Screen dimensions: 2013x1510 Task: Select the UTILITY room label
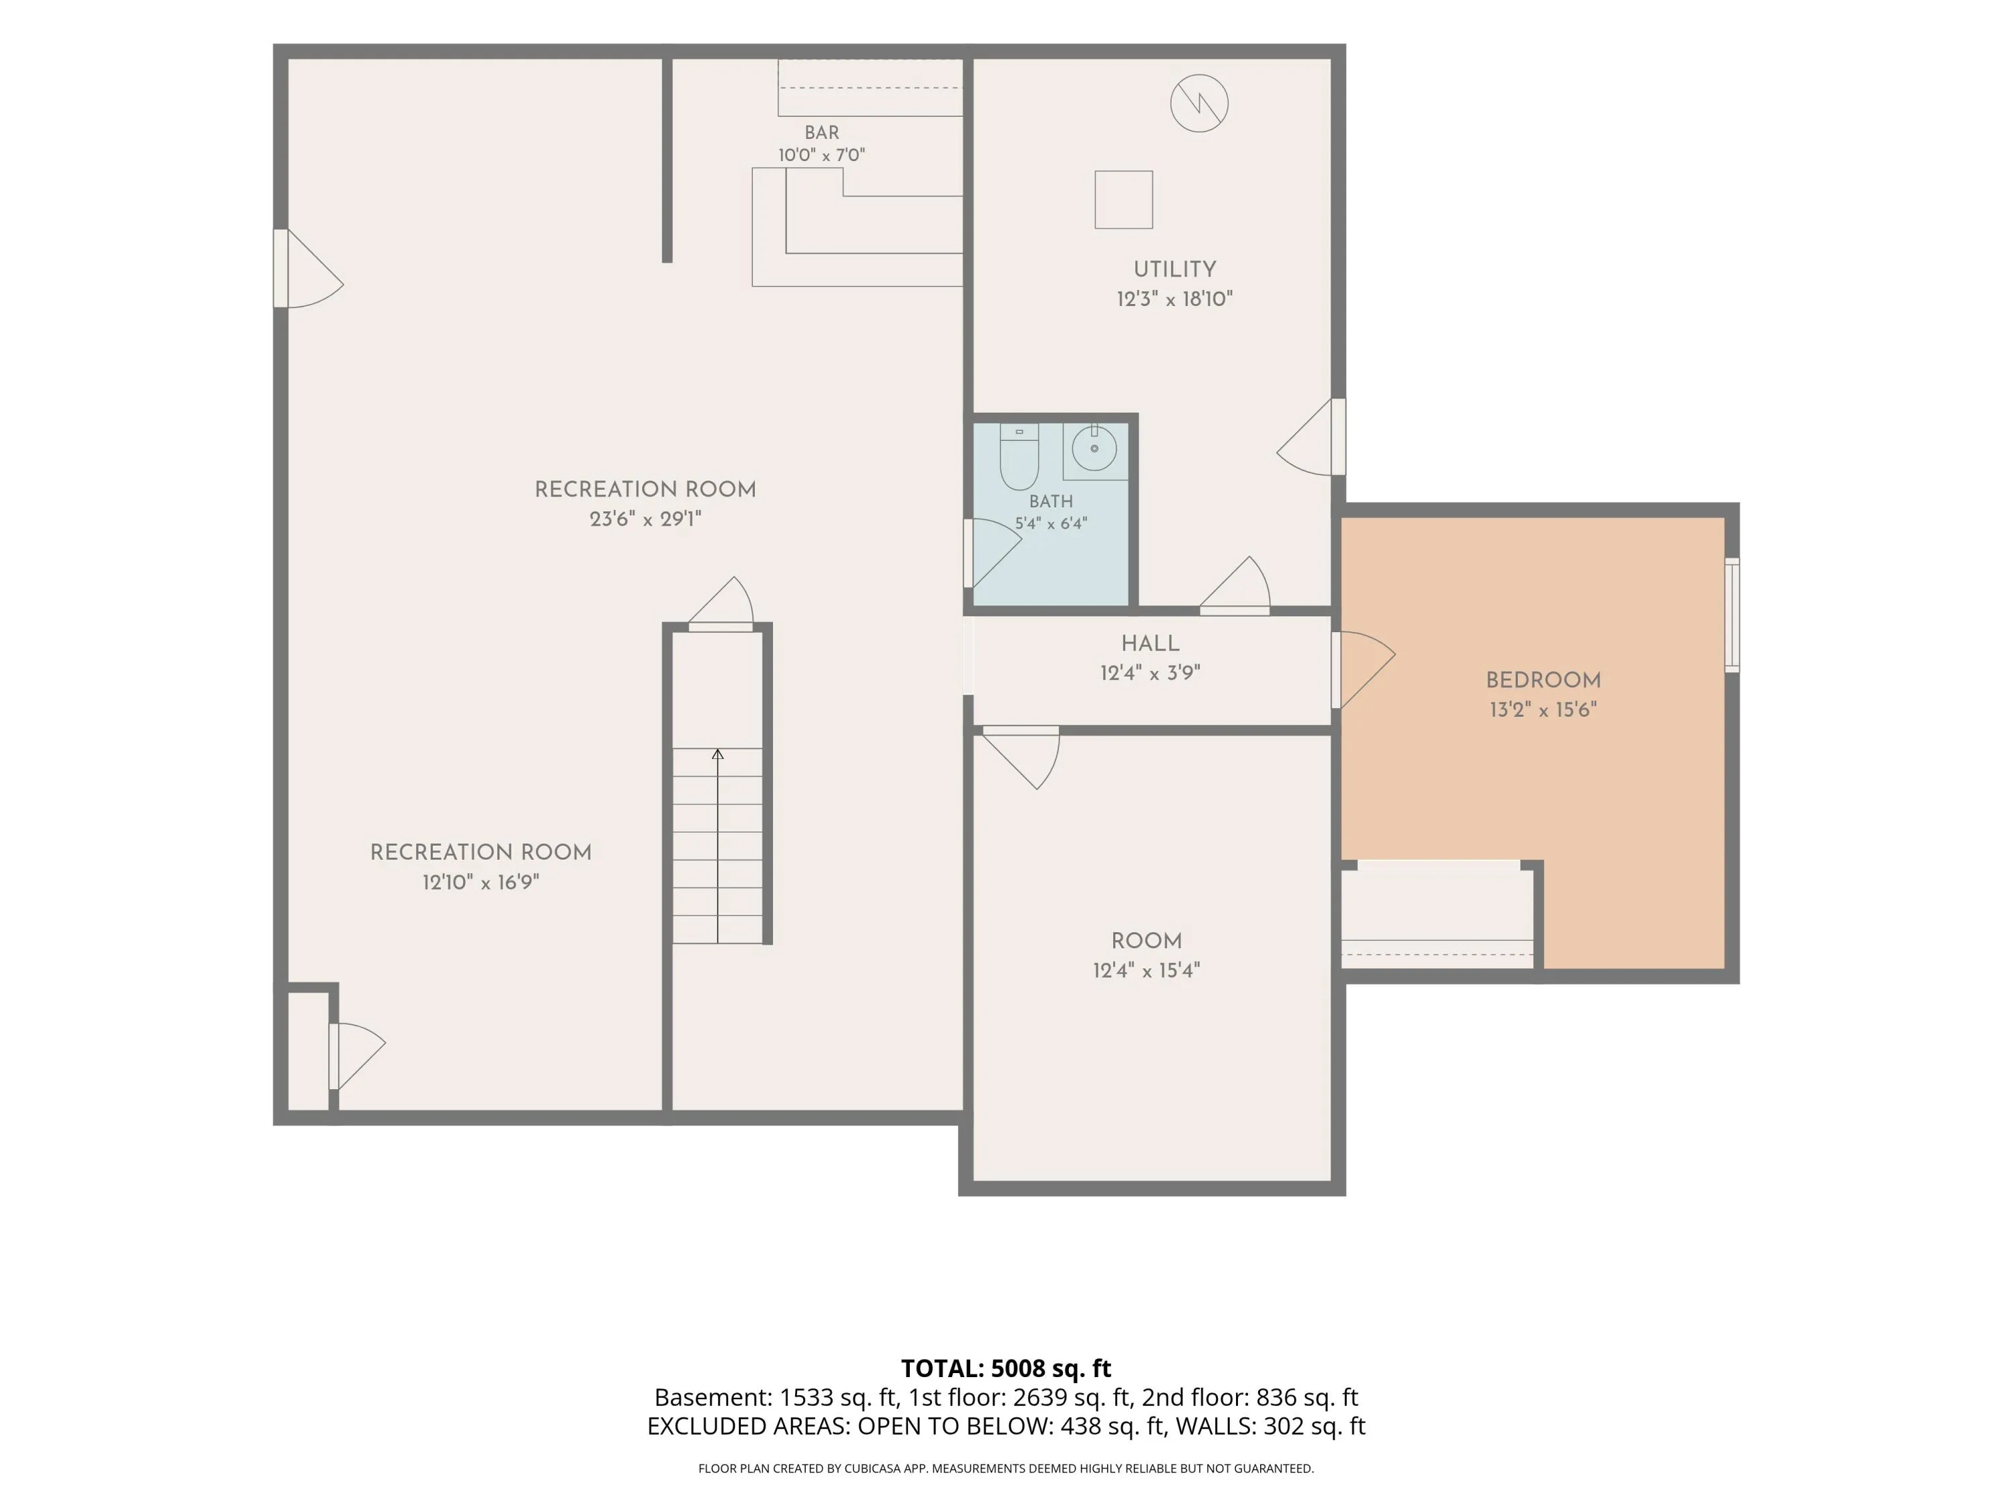pos(1174,269)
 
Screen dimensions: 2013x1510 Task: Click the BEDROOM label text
pos(1543,680)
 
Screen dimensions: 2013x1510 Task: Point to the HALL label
pos(1150,644)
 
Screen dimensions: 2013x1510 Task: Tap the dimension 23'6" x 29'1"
pos(646,519)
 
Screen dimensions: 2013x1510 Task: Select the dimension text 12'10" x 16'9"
pos(480,882)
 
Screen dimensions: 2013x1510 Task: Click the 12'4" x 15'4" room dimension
pos(1147,970)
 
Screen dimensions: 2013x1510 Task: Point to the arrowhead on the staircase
pos(718,754)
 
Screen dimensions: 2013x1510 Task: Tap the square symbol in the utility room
pos(1124,199)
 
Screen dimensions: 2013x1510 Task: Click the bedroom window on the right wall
pos(1732,615)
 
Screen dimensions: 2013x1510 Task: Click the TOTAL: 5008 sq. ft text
pos(1007,1368)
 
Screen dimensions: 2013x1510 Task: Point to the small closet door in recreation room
pos(357,1056)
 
